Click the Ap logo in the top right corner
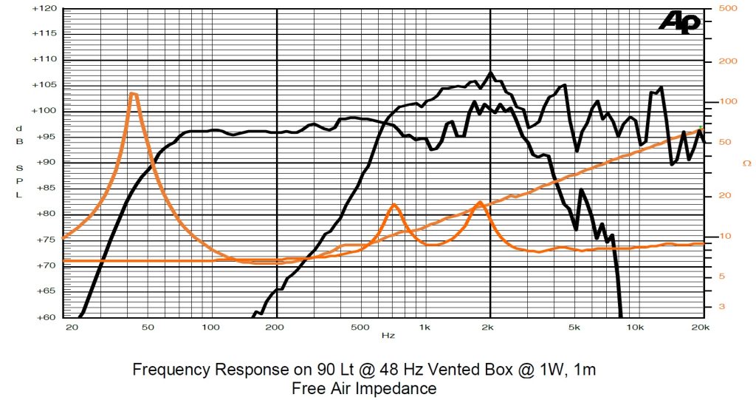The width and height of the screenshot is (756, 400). [x=679, y=22]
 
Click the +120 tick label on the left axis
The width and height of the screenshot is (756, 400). [x=45, y=9]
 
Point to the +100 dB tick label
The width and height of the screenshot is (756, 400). [x=45, y=111]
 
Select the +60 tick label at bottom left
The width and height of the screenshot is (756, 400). [x=47, y=316]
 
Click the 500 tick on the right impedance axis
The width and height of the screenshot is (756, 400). [x=728, y=9]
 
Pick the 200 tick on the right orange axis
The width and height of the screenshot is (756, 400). [x=728, y=61]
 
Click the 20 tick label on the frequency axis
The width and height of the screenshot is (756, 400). [x=72, y=327]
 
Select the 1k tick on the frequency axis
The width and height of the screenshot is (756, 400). [x=425, y=327]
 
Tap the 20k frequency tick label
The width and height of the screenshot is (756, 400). [x=700, y=327]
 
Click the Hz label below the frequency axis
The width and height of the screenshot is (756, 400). [x=388, y=336]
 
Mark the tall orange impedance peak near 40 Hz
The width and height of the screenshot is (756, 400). [x=133, y=93]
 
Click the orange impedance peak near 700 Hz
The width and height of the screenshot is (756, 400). [x=394, y=205]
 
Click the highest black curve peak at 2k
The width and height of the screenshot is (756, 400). [x=490, y=72]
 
